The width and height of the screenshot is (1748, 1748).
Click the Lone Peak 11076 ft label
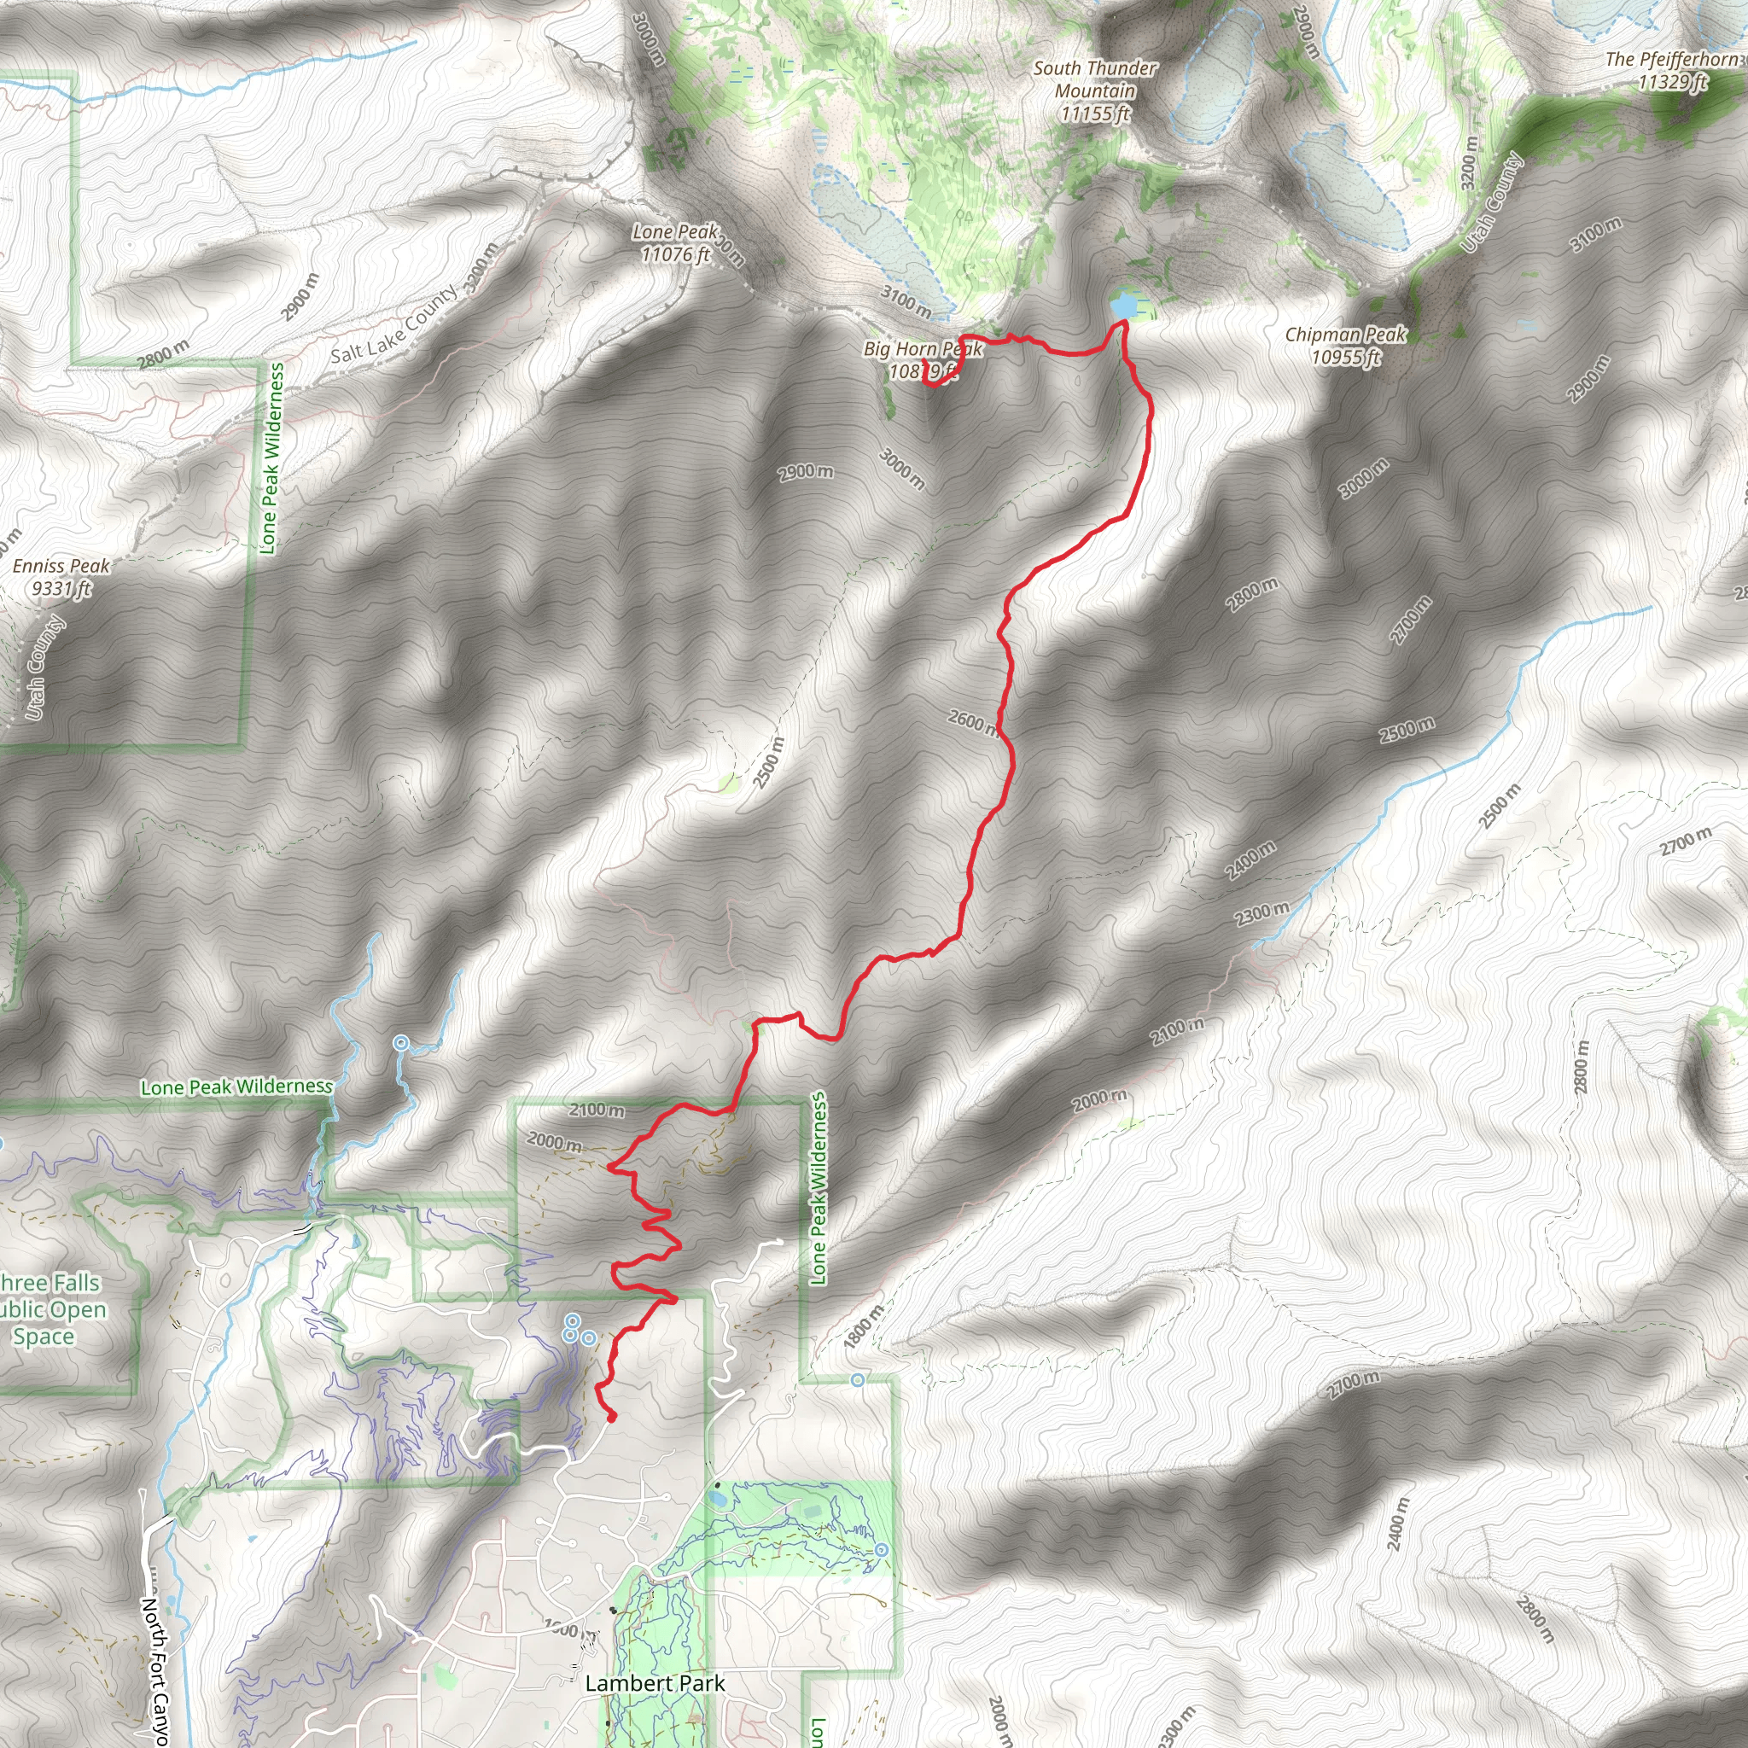pos(675,243)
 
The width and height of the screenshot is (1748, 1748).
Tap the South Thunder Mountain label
pos(1095,90)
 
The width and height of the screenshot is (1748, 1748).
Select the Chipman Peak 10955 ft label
pos(1345,346)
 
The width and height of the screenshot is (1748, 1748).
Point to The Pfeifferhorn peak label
pos(1671,71)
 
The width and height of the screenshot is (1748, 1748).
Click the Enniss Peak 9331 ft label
pos(61,577)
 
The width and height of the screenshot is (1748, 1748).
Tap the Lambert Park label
pos(655,1684)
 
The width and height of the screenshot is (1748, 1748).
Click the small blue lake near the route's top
pos(1125,305)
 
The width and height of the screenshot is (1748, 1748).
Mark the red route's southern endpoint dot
pos(611,1417)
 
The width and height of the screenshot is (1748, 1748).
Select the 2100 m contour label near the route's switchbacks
pos(597,1110)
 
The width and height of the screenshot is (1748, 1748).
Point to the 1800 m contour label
pos(863,1328)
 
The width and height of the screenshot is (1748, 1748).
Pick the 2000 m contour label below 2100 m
pos(554,1142)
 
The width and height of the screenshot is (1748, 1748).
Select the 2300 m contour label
pos(1261,915)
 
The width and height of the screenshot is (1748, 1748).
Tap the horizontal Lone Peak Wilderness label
pos(236,1087)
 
